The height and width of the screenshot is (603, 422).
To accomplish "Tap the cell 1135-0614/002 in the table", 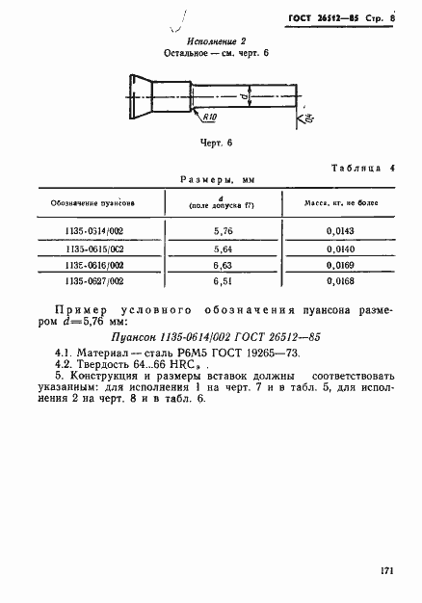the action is click(92, 232).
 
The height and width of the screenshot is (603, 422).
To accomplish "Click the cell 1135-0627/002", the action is click(92, 280).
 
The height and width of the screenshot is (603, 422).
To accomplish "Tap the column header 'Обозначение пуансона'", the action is click(92, 204).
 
